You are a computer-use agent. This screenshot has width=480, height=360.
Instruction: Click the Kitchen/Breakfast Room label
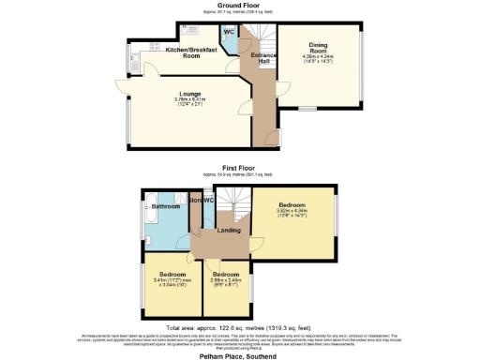pos(190,52)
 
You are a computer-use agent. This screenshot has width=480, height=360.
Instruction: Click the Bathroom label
pos(165,205)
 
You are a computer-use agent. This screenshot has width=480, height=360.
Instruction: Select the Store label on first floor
pos(197,201)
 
